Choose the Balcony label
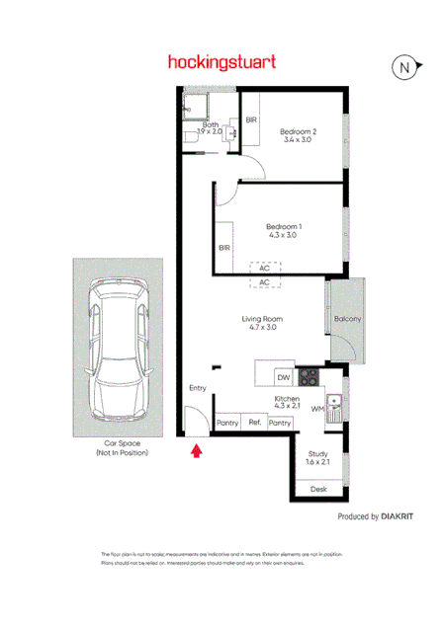point(347,319)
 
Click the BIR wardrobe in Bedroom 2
point(252,119)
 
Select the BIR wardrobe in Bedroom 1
point(224,248)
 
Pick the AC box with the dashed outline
point(264,268)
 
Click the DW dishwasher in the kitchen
point(282,377)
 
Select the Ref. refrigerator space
point(254,423)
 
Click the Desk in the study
point(318,489)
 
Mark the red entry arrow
point(196,451)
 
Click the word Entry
point(198,388)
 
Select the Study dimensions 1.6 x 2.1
point(318,461)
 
